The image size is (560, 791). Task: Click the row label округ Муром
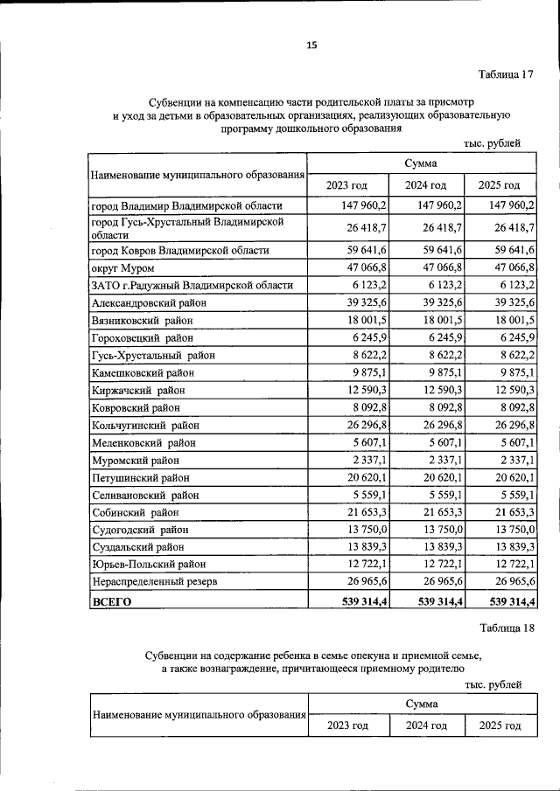pyautogui.click(x=122, y=268)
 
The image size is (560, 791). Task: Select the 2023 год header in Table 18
pyautogui.click(x=347, y=725)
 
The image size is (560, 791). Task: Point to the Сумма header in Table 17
pyautogui.click(x=422, y=163)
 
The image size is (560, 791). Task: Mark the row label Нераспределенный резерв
pyautogui.click(x=153, y=580)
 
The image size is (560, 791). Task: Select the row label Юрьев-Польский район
pyautogui.click(x=150, y=563)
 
